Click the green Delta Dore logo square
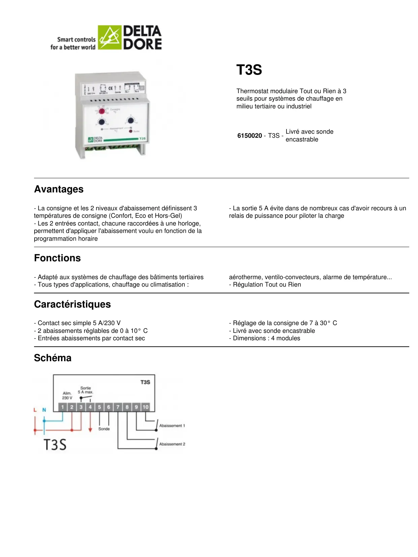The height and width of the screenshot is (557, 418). pyautogui.click(x=110, y=38)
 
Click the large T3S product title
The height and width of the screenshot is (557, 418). pyautogui.click(x=249, y=70)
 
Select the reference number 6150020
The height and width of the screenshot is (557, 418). pyautogui.click(x=249, y=136)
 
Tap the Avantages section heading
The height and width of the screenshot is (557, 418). pyautogui.click(x=59, y=189)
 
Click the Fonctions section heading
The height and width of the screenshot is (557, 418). pyautogui.click(x=57, y=258)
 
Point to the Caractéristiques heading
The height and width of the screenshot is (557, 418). pyautogui.click(x=72, y=304)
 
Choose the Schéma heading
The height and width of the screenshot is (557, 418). pyautogui.click(x=53, y=358)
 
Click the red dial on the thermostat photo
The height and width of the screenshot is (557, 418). pyautogui.click(x=102, y=111)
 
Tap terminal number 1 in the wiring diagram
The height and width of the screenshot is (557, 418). pyautogui.click(x=63, y=407)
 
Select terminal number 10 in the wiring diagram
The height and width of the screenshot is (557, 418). pyautogui.click(x=145, y=407)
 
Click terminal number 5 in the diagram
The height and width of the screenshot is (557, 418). pyautogui.click(x=99, y=407)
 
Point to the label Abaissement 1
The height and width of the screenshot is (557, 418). pyautogui.click(x=172, y=426)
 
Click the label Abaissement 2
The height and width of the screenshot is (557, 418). pyautogui.click(x=172, y=444)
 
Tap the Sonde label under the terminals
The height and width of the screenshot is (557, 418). pyautogui.click(x=104, y=429)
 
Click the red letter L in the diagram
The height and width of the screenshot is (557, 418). pyautogui.click(x=35, y=410)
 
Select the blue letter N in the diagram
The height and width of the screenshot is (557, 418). pyautogui.click(x=44, y=410)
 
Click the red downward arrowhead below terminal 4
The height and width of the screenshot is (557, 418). pyautogui.click(x=90, y=430)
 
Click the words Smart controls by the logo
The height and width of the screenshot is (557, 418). pyautogui.click(x=77, y=39)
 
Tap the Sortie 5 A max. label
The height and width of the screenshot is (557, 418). pyautogui.click(x=86, y=390)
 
